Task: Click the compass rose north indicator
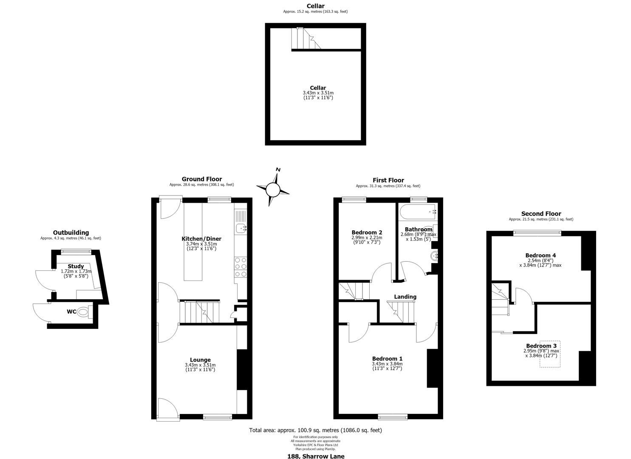[x=273, y=189]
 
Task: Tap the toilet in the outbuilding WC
[x=83, y=312]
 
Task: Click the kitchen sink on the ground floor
[x=241, y=228]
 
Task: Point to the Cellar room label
[x=318, y=88]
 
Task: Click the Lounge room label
[x=200, y=360]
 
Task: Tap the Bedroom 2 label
[x=367, y=232]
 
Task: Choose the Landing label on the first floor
[x=405, y=297]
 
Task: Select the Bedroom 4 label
[x=540, y=255]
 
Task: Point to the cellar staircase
[x=306, y=38]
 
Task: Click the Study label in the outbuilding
[x=76, y=266]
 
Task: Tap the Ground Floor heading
[x=202, y=179]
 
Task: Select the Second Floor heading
[x=541, y=214]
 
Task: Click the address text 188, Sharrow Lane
[x=316, y=456]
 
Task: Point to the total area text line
[x=315, y=430]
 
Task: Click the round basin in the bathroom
[x=434, y=256]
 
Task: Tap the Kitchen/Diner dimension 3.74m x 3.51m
[x=201, y=244]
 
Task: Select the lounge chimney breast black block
[x=242, y=370]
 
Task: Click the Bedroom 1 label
[x=388, y=359]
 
